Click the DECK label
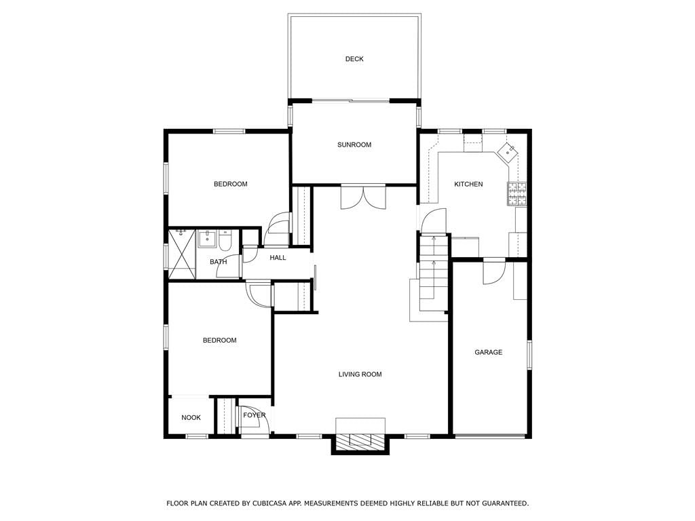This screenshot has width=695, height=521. (x=354, y=59)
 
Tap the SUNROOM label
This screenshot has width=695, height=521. (x=354, y=145)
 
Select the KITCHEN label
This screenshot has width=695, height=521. (x=468, y=185)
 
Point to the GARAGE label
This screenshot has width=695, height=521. (x=489, y=353)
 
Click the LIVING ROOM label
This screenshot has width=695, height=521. (x=360, y=374)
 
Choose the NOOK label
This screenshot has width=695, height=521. (x=191, y=418)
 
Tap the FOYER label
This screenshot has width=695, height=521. (x=255, y=415)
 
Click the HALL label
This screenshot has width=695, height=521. (x=278, y=258)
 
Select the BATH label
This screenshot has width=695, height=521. (x=218, y=262)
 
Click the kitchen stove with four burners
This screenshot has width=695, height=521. (x=516, y=194)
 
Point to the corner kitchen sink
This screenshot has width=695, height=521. (x=508, y=151)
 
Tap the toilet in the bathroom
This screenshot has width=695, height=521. (x=224, y=239)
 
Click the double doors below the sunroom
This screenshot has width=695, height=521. (x=363, y=197)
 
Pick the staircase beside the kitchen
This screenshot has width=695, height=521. (x=434, y=273)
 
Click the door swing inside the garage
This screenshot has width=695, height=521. (x=494, y=273)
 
